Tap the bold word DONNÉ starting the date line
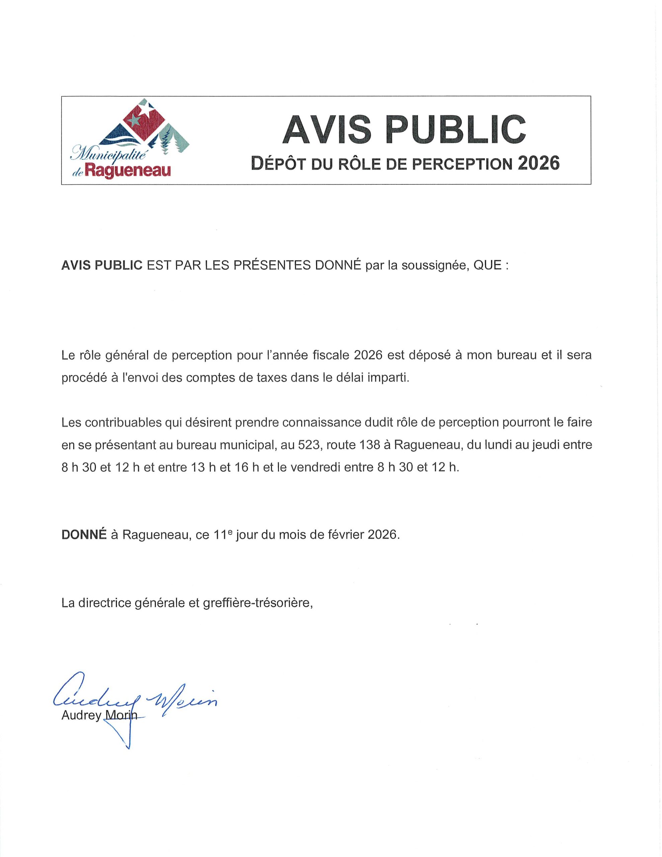(84, 535)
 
